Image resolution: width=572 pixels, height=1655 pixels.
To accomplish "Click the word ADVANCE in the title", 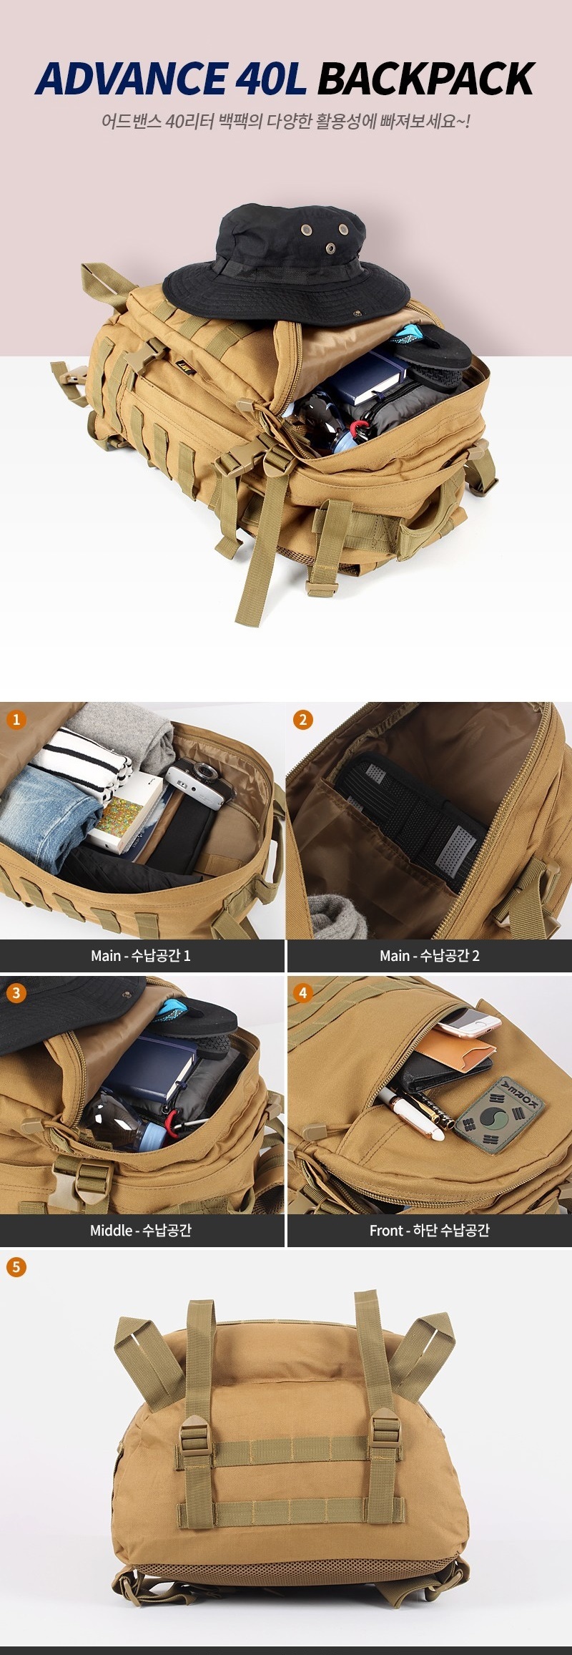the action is tap(132, 79).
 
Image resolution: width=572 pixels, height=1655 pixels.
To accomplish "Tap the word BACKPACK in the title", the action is tap(426, 79).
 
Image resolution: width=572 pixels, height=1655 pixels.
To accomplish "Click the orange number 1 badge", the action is tap(16, 719).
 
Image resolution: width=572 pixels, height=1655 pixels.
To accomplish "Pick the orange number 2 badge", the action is tap(303, 719).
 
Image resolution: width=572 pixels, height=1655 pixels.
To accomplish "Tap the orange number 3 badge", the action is tap(16, 992).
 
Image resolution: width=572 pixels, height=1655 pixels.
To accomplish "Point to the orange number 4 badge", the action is tap(303, 992).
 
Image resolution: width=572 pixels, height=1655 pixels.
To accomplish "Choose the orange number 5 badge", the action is tap(16, 1267).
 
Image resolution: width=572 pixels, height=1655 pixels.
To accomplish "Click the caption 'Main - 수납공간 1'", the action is tap(141, 956).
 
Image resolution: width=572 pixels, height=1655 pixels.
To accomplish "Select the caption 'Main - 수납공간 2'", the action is tap(430, 956).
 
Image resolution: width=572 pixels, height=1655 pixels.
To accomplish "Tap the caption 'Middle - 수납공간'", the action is tap(141, 1231).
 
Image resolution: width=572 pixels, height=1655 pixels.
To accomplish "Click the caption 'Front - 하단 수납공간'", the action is tap(430, 1231).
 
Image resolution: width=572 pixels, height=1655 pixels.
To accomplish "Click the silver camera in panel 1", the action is tap(199, 783).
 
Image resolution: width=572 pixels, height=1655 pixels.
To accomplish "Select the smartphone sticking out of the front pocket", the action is tap(468, 1021).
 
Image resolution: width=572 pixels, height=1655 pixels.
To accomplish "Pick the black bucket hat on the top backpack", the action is tap(286, 262).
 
